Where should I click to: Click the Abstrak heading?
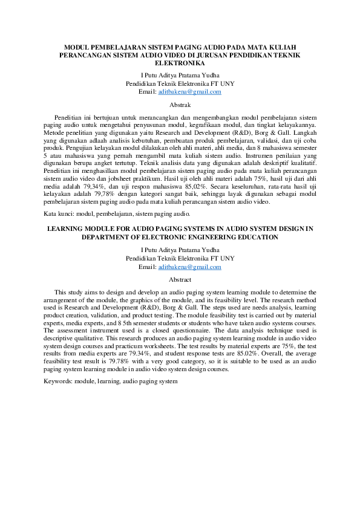click(180, 104)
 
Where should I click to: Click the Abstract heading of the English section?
click(180, 279)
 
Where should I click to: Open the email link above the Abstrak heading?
click(189, 92)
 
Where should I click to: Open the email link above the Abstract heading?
click(189, 267)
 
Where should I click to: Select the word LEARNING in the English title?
click(64, 229)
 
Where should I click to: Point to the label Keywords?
click(58, 381)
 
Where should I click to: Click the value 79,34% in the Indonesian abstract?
click(100, 187)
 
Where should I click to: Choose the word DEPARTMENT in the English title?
click(113, 238)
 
